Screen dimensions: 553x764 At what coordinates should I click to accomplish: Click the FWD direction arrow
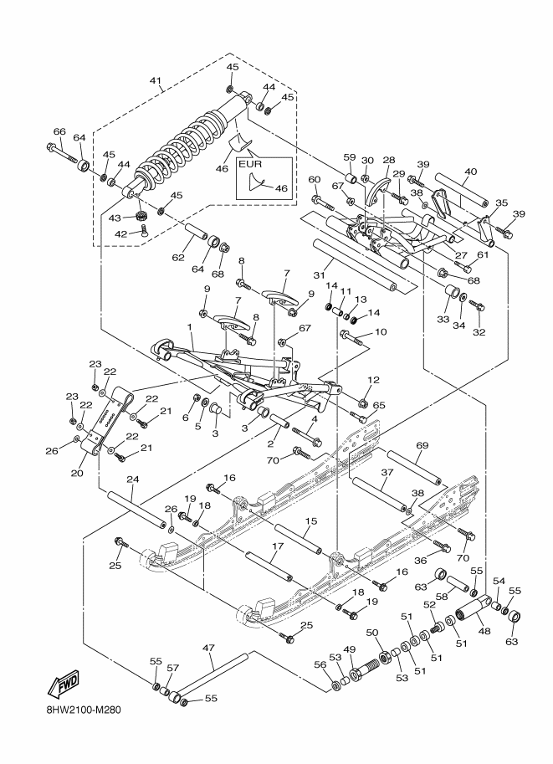click(63, 685)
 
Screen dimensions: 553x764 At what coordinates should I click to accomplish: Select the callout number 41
click(156, 79)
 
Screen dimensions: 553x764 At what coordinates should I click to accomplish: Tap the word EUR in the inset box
click(249, 164)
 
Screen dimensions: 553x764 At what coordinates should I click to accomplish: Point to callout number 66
click(59, 131)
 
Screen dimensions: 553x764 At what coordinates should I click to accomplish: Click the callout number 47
click(208, 648)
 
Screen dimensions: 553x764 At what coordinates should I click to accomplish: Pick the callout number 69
click(422, 445)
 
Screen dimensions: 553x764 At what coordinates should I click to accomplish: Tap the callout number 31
click(319, 275)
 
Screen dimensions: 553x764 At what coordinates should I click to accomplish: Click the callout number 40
click(471, 172)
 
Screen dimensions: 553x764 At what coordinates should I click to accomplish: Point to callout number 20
click(78, 473)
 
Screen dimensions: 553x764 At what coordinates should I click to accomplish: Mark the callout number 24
click(132, 479)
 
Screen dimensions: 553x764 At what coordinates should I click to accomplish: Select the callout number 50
click(371, 632)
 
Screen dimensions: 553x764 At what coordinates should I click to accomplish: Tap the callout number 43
click(115, 218)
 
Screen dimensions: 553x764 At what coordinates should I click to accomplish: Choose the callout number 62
click(178, 257)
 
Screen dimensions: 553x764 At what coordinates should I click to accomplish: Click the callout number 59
click(350, 157)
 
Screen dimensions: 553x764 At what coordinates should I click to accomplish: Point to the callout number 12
click(374, 380)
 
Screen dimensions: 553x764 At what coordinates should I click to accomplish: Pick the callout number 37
click(387, 472)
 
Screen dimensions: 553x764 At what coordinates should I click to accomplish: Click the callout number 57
click(173, 667)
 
